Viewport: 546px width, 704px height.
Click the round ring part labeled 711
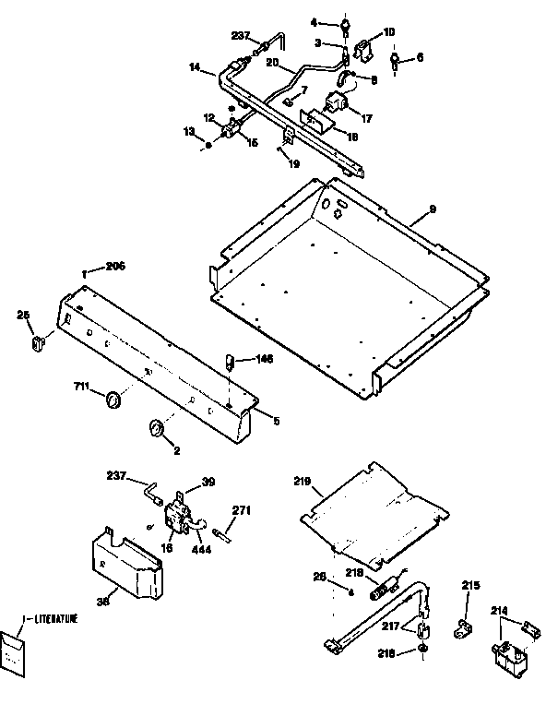(x=114, y=400)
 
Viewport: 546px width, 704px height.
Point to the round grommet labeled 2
(x=156, y=428)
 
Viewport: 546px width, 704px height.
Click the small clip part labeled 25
(x=39, y=343)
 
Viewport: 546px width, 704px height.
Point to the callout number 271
(x=242, y=509)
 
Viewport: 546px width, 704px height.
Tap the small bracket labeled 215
(x=463, y=628)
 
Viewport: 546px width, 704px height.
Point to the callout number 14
(x=195, y=68)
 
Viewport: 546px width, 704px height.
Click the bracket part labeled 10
(x=364, y=50)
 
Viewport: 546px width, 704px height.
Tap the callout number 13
(x=188, y=132)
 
